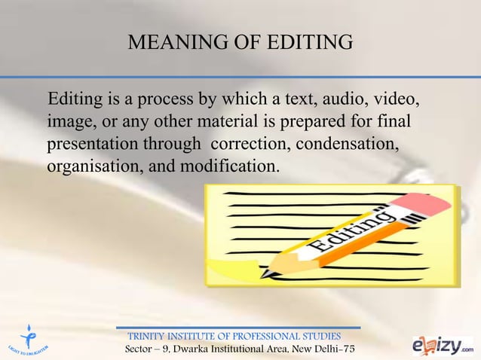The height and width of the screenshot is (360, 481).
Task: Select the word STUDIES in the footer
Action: pyautogui.click(x=320, y=335)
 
